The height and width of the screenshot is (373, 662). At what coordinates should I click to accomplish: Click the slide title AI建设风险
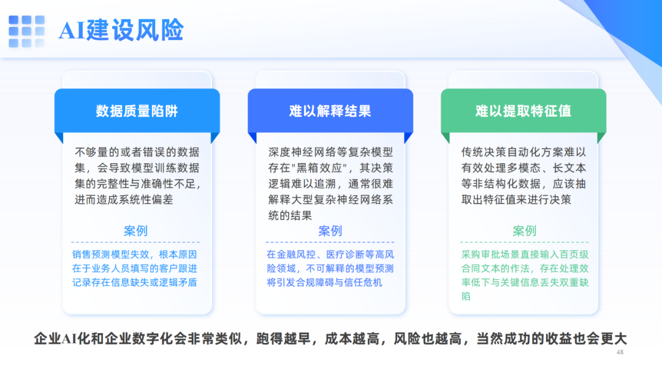pyautogui.click(x=121, y=30)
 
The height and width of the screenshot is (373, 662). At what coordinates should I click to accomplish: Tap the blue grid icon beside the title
pyautogui.click(x=26, y=31)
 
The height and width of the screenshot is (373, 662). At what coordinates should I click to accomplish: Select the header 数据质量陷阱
pyautogui.click(x=137, y=111)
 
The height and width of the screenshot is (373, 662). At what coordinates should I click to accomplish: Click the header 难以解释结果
pyautogui.click(x=330, y=111)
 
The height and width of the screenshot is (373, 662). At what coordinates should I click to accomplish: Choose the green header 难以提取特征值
pyautogui.click(x=523, y=111)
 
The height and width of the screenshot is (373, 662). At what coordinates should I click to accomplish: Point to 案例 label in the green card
pyautogui.click(x=524, y=231)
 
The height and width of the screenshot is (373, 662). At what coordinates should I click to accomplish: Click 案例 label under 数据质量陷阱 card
pyautogui.click(x=135, y=231)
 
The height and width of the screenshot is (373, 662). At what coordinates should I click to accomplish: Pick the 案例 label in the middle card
pyautogui.click(x=330, y=231)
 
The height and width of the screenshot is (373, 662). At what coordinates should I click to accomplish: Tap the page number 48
pyautogui.click(x=620, y=352)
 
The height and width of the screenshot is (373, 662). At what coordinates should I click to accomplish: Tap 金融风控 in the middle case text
pyautogui.click(x=296, y=255)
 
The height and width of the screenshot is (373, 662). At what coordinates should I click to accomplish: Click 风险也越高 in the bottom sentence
pyautogui.click(x=427, y=339)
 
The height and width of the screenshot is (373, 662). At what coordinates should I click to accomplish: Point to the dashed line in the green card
pyautogui.click(x=524, y=242)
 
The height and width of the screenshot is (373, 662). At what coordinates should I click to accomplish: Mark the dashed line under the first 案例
pyautogui.click(x=135, y=242)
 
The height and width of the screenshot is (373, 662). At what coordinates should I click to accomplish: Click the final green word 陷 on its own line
pyautogui.click(x=466, y=296)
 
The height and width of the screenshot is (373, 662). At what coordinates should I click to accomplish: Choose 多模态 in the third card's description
pyautogui.click(x=523, y=168)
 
